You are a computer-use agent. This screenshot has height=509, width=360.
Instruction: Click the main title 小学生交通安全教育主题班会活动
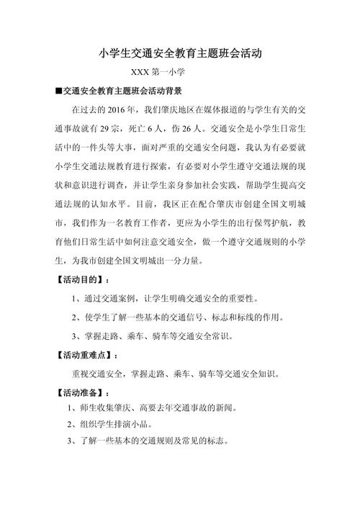(x=180, y=53)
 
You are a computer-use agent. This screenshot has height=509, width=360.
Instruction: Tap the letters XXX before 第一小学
(x=142, y=73)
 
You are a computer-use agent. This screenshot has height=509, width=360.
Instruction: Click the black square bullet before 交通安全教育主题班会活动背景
(x=58, y=92)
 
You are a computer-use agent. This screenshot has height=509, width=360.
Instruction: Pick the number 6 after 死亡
(x=143, y=128)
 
